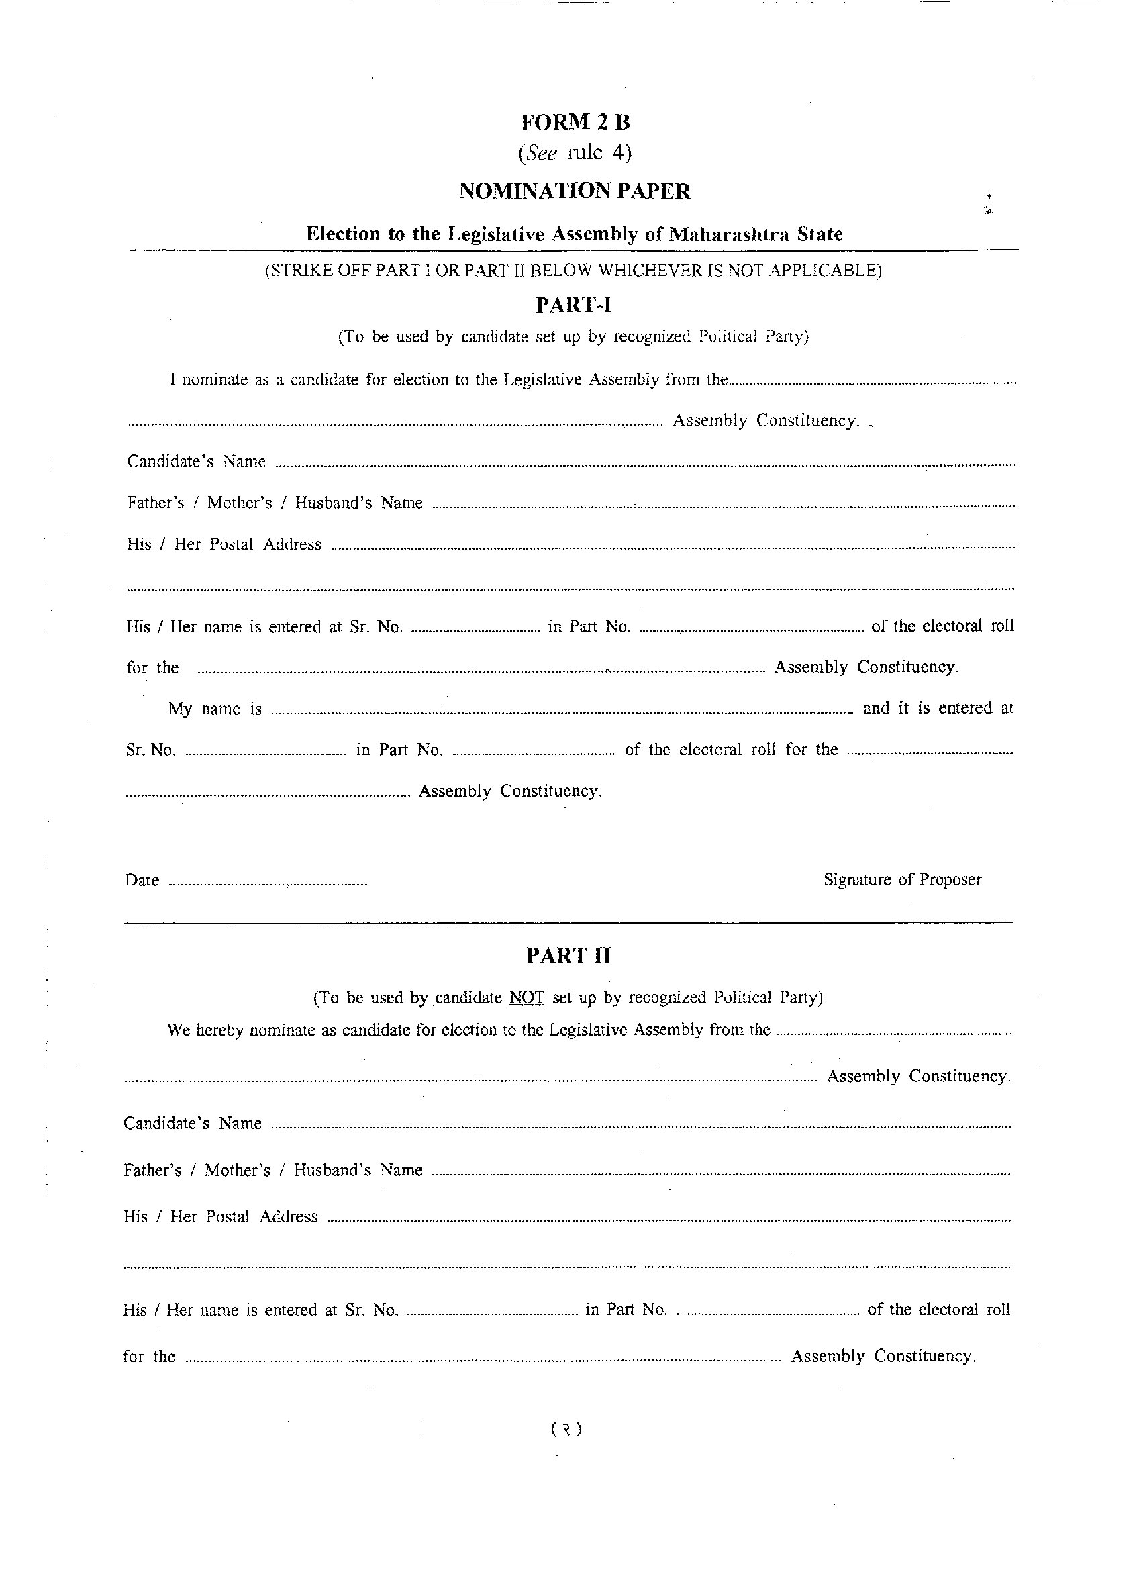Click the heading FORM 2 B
tap(575, 123)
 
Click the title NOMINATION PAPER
tap(575, 191)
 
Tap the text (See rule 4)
tap(575, 153)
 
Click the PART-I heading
tap(573, 305)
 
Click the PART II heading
tap(568, 956)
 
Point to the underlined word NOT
tap(527, 997)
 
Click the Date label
tap(142, 881)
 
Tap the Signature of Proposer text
tap(902, 880)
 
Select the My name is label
tap(215, 709)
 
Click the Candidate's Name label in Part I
tap(196, 462)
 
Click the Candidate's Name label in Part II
tap(193, 1123)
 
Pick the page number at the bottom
tap(567, 1429)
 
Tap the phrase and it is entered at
tap(938, 708)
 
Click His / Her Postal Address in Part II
tap(220, 1216)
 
